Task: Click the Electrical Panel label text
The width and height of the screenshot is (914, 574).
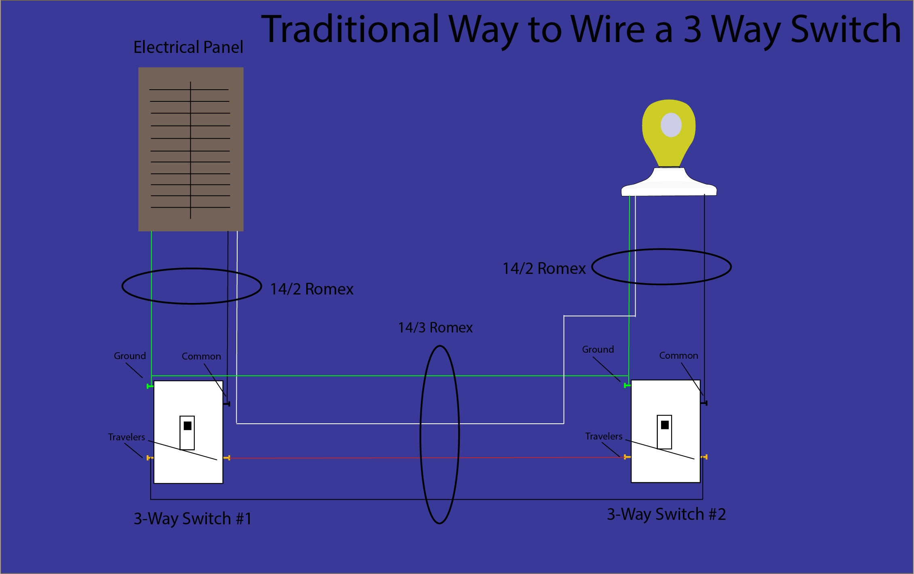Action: pyautogui.click(x=188, y=47)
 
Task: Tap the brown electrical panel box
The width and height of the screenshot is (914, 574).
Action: pyautogui.click(x=191, y=149)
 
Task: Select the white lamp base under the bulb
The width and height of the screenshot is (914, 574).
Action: pyautogui.click(x=669, y=184)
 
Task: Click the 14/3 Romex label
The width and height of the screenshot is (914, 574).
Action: pyautogui.click(x=435, y=328)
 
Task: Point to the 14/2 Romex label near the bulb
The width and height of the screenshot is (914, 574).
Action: pyautogui.click(x=544, y=269)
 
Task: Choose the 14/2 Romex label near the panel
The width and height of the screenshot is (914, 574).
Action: pyautogui.click(x=312, y=289)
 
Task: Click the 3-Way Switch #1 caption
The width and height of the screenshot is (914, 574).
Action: pyautogui.click(x=193, y=519)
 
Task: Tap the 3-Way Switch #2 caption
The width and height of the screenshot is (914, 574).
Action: pyautogui.click(x=666, y=514)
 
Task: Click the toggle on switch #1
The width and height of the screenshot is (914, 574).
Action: pyautogui.click(x=187, y=433)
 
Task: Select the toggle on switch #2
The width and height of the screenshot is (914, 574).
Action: pyautogui.click(x=664, y=432)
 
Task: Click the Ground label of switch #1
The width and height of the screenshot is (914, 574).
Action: pyautogui.click(x=130, y=356)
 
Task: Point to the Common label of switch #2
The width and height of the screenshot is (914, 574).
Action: pyautogui.click(x=678, y=355)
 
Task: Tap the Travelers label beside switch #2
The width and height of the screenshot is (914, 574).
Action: pyautogui.click(x=604, y=436)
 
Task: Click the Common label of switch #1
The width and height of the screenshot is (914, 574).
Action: pyautogui.click(x=201, y=356)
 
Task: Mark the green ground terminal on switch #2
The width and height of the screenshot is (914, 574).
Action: pyautogui.click(x=627, y=386)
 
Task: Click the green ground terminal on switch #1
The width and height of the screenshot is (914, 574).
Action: pyautogui.click(x=150, y=387)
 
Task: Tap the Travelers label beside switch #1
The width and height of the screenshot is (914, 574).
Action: pyautogui.click(x=126, y=437)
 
